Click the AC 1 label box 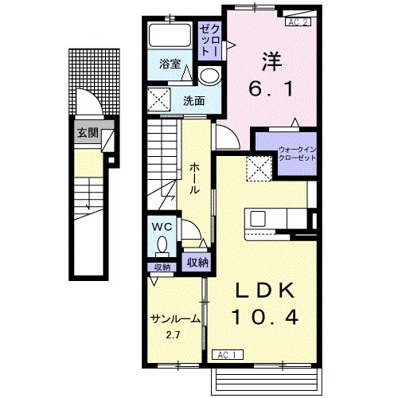pyautogui.click(x=228, y=355)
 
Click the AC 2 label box pyautogui.click(x=298, y=22)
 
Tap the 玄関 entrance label pyautogui.click(x=88, y=133)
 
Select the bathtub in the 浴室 pyautogui.click(x=170, y=36)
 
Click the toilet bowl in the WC pyautogui.click(x=162, y=244)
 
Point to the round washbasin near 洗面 pyautogui.click(x=210, y=76)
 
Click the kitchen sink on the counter pyautogui.click(x=258, y=219)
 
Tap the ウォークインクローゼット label pyautogui.click(x=297, y=154)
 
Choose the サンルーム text pyautogui.click(x=175, y=318)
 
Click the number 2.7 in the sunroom pyautogui.click(x=173, y=335)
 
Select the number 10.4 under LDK pyautogui.click(x=265, y=318)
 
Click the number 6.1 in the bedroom pyautogui.click(x=271, y=88)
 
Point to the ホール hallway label pyautogui.click(x=194, y=178)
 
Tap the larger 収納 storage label pyautogui.click(x=197, y=262)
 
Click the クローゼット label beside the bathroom pyautogui.click(x=209, y=41)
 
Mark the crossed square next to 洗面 pyautogui.click(x=159, y=99)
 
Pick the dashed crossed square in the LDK pyautogui.click(x=259, y=169)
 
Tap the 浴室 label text pyautogui.click(x=170, y=64)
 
